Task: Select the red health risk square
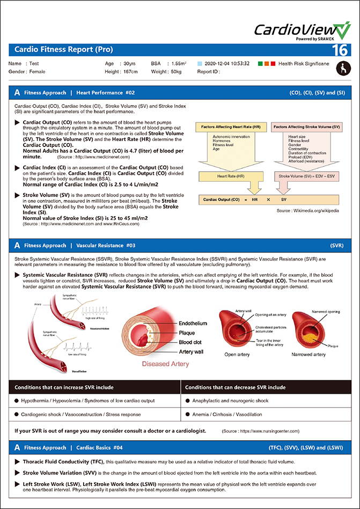pos(273,64)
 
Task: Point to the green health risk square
pos(260,64)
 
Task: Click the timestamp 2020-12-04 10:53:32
pos(227,64)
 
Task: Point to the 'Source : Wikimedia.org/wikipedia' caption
pos(307,211)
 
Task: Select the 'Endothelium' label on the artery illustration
pos(193,323)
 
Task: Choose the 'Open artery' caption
pos(237,355)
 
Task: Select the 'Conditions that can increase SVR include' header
pos(64,387)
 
